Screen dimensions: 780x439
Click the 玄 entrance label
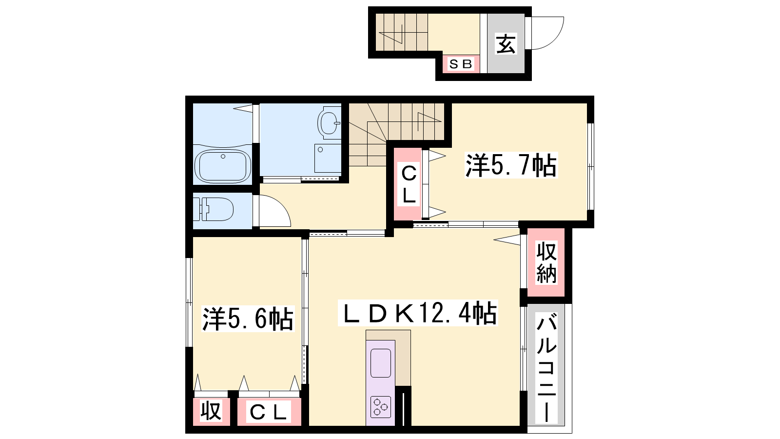(x=506, y=44)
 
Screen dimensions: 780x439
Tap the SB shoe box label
(x=461, y=64)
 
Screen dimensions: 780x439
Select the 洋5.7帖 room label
(x=511, y=165)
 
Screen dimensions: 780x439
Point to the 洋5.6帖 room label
(x=248, y=319)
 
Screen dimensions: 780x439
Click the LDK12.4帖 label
(x=418, y=313)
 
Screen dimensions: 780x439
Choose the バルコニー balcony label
(x=546, y=368)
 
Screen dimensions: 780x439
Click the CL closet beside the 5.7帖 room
(x=409, y=184)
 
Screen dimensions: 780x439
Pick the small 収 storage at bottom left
(x=211, y=411)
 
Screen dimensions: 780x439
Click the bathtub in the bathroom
(x=223, y=166)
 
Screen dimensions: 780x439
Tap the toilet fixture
(x=213, y=209)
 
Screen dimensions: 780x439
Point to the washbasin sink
(x=329, y=122)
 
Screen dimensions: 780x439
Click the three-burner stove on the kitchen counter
(x=380, y=407)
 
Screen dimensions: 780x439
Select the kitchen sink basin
(x=381, y=363)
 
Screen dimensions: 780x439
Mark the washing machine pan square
(x=328, y=158)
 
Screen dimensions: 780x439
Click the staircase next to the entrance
(x=402, y=32)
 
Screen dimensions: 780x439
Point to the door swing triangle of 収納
(x=507, y=239)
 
